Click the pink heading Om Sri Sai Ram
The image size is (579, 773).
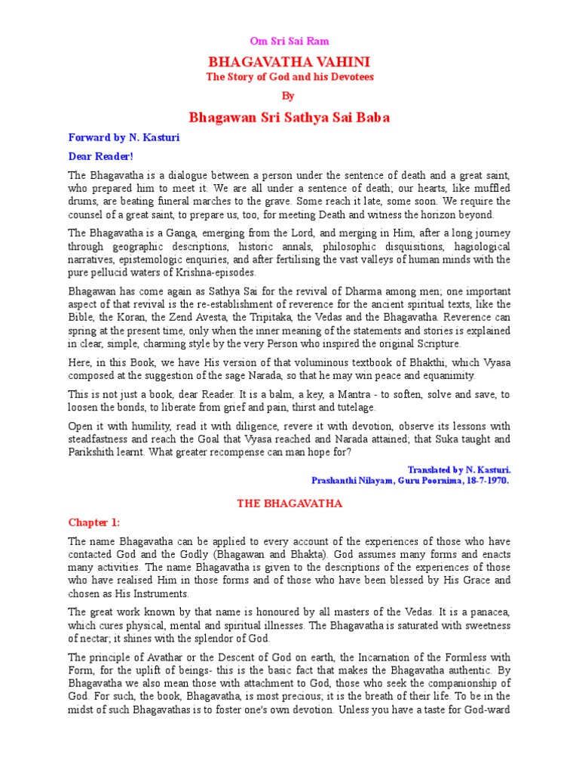tap(289, 42)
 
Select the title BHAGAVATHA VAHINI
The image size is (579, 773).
tap(289, 62)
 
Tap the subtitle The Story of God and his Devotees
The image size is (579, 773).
tap(289, 77)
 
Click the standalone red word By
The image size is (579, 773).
tap(289, 96)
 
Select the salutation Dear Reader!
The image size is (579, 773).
tap(100, 156)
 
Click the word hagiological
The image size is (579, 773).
tap(482, 246)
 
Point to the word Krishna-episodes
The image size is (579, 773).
tap(217, 273)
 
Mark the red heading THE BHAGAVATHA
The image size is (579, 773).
tap(289, 503)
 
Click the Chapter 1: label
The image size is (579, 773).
tap(94, 522)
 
